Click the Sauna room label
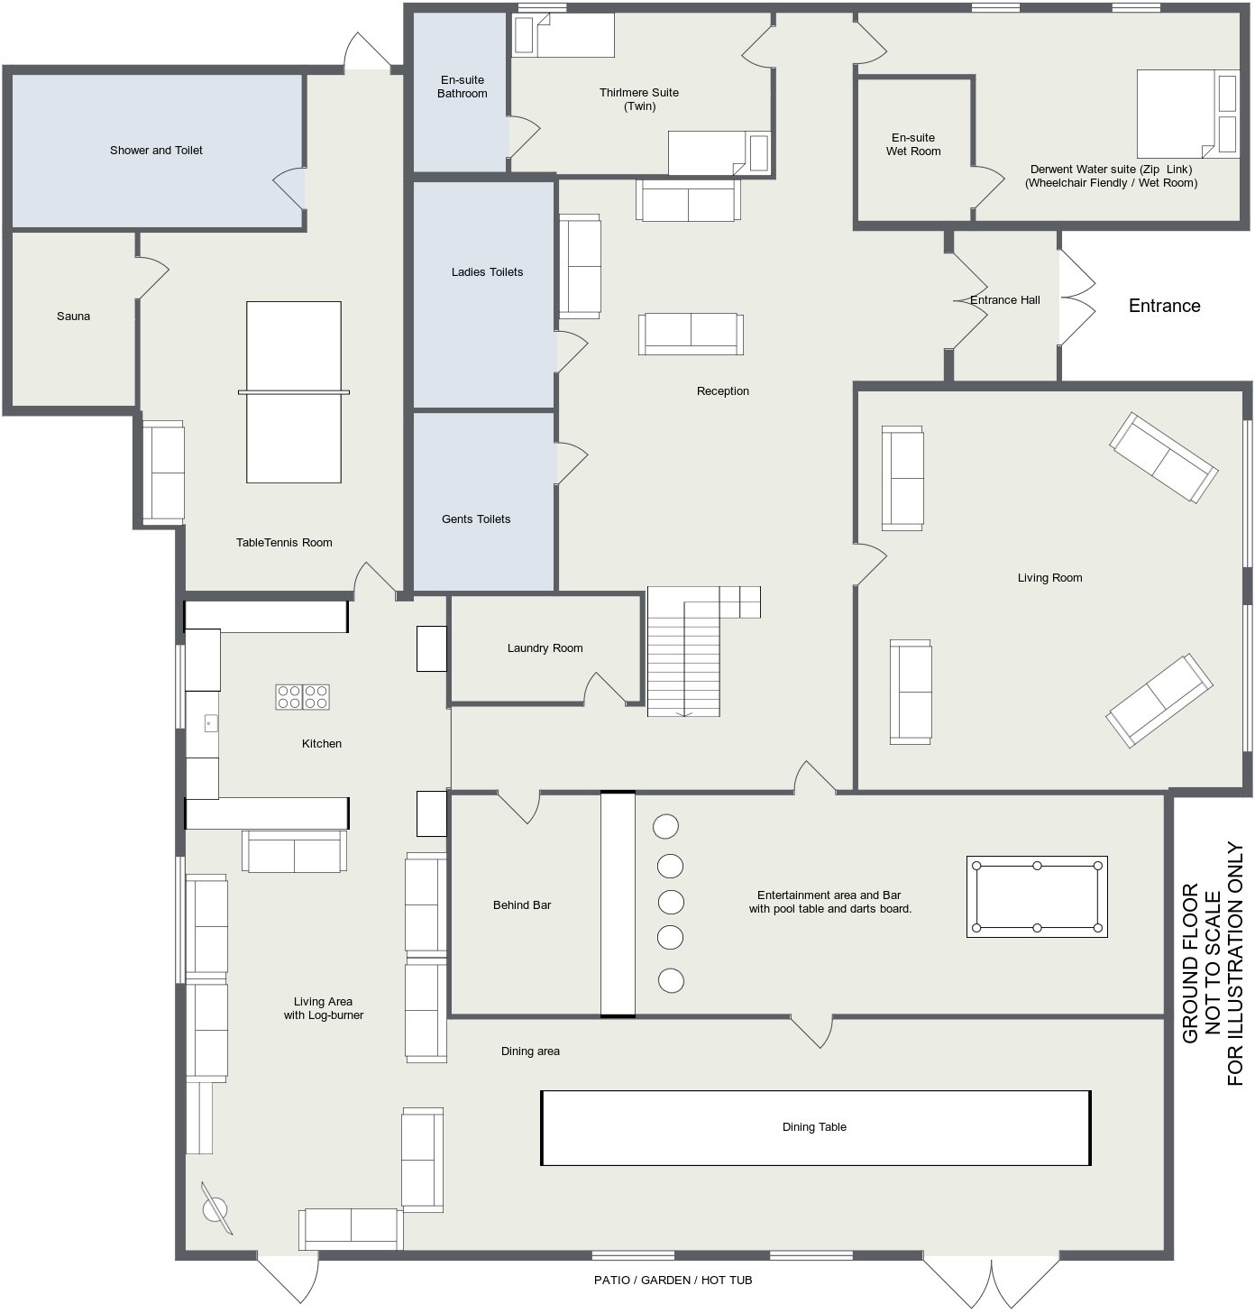coord(73,316)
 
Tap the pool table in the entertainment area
coord(1037,896)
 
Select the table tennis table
coord(294,392)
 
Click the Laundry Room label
coord(545,647)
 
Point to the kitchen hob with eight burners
coord(302,697)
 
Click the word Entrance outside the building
coord(1164,306)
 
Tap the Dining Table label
coord(814,1126)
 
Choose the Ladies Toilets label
coord(487,272)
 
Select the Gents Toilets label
coord(476,519)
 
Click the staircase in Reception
coord(684,651)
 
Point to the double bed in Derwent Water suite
coord(1187,114)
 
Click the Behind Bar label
coord(522,904)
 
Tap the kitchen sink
coord(211,723)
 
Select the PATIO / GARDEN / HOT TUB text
coord(673,1280)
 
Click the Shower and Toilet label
coord(156,150)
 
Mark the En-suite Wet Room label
coord(913,144)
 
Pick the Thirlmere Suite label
coord(639,99)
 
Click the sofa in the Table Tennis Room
coord(163,473)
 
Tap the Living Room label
coord(1049,577)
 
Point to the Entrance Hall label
coord(1004,299)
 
